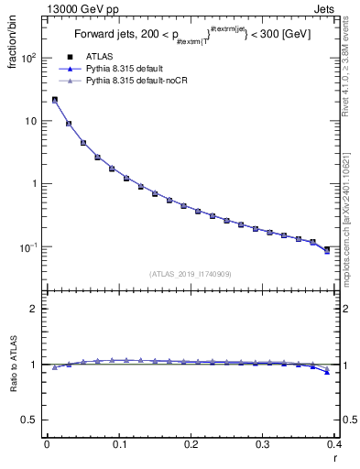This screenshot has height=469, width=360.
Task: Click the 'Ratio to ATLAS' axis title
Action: point(15,364)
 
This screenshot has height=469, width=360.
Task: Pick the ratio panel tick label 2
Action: point(34,309)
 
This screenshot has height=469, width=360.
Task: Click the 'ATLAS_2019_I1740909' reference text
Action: point(191,274)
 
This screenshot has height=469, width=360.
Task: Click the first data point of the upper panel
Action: point(55,100)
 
